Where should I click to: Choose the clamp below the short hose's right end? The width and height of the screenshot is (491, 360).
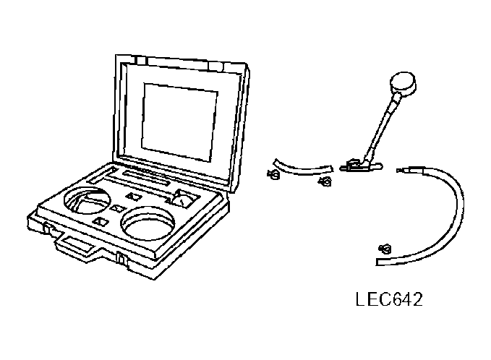323,181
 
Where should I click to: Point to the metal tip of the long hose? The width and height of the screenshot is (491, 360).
409,171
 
